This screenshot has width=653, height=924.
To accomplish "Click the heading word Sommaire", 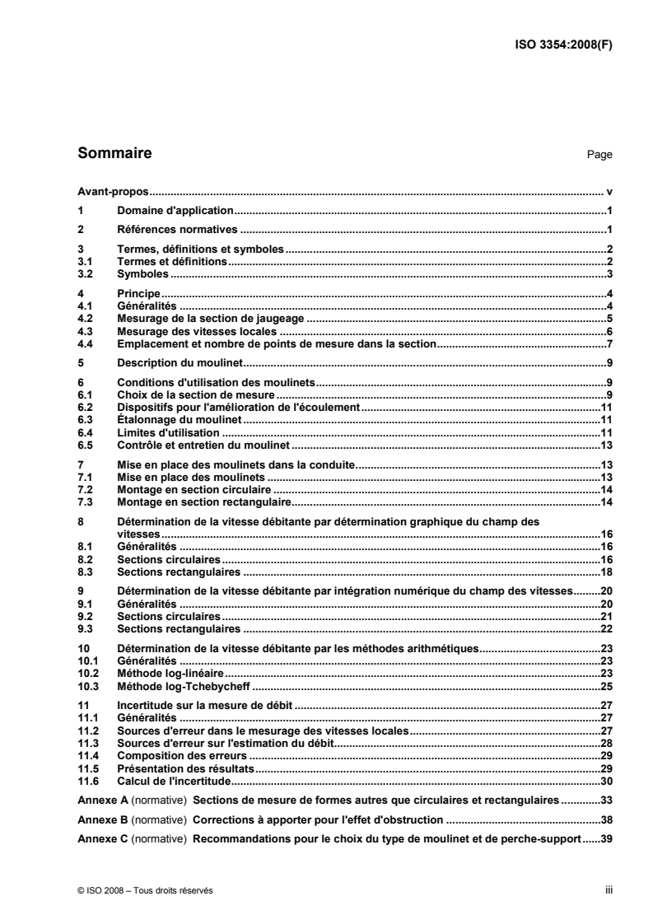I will tap(114, 153).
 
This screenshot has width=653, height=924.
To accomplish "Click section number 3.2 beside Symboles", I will tap(84, 273).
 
